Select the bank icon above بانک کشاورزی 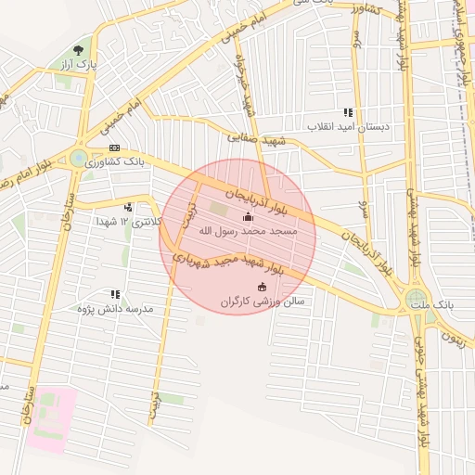(x=114, y=148)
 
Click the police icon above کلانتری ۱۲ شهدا (x=128, y=207)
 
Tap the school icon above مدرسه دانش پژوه (x=115, y=293)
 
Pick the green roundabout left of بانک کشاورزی (x=77, y=159)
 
